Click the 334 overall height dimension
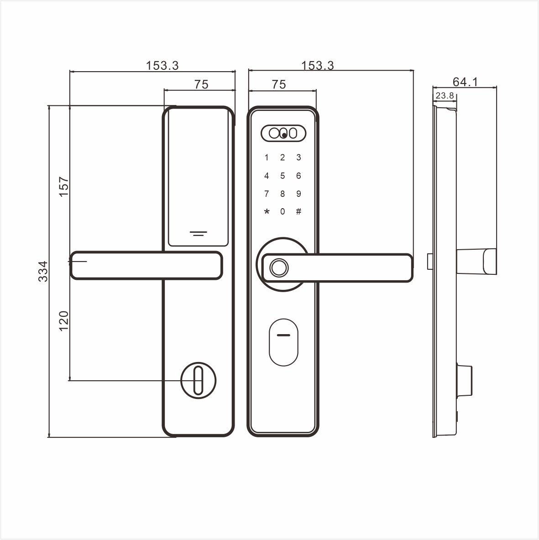coord(43,272)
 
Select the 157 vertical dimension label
coord(64,186)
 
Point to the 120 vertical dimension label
coord(64,320)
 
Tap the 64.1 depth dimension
coord(465,82)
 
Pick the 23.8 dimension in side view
coord(445,95)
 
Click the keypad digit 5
coord(283,176)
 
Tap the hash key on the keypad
coord(298,211)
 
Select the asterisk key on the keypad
coord(267,212)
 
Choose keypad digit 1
coord(267,158)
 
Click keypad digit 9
coord(298,194)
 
